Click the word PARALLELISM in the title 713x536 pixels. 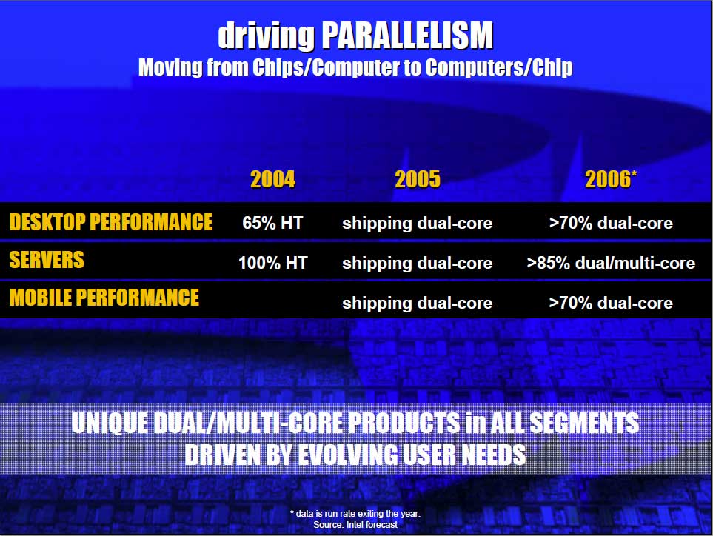[408, 35]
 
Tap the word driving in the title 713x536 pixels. [267, 36]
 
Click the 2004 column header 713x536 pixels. [272, 179]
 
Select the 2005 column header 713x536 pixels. [418, 179]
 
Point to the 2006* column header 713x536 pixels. [611, 179]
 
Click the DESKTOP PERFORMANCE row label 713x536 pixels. [111, 222]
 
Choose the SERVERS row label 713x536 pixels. [47, 260]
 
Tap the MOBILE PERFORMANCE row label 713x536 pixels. [104, 298]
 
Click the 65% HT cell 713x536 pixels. [272, 223]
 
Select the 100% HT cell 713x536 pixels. [273, 263]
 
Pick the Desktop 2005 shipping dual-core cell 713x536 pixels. [418, 224]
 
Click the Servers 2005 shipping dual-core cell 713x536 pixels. [418, 264]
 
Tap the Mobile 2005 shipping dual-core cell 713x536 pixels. [418, 304]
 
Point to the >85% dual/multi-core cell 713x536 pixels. [611, 264]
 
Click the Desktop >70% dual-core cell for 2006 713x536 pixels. [611, 223]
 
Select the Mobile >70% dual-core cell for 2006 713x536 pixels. [611, 303]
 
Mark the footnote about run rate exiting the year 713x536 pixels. [355, 514]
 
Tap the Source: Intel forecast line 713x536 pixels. [355, 525]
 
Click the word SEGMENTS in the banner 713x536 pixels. [584, 423]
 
